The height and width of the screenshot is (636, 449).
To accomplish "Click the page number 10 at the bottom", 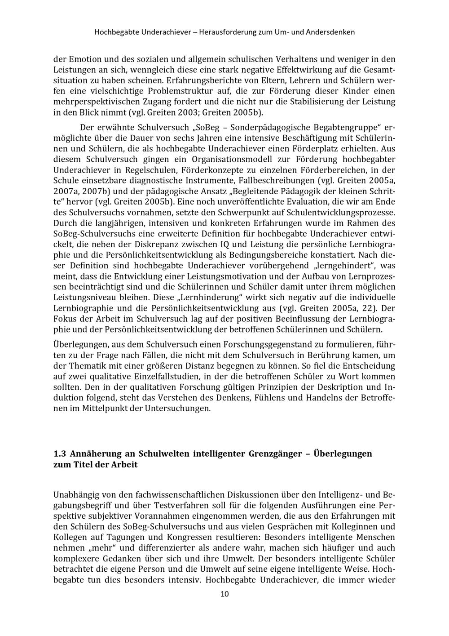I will click(x=224, y=594).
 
